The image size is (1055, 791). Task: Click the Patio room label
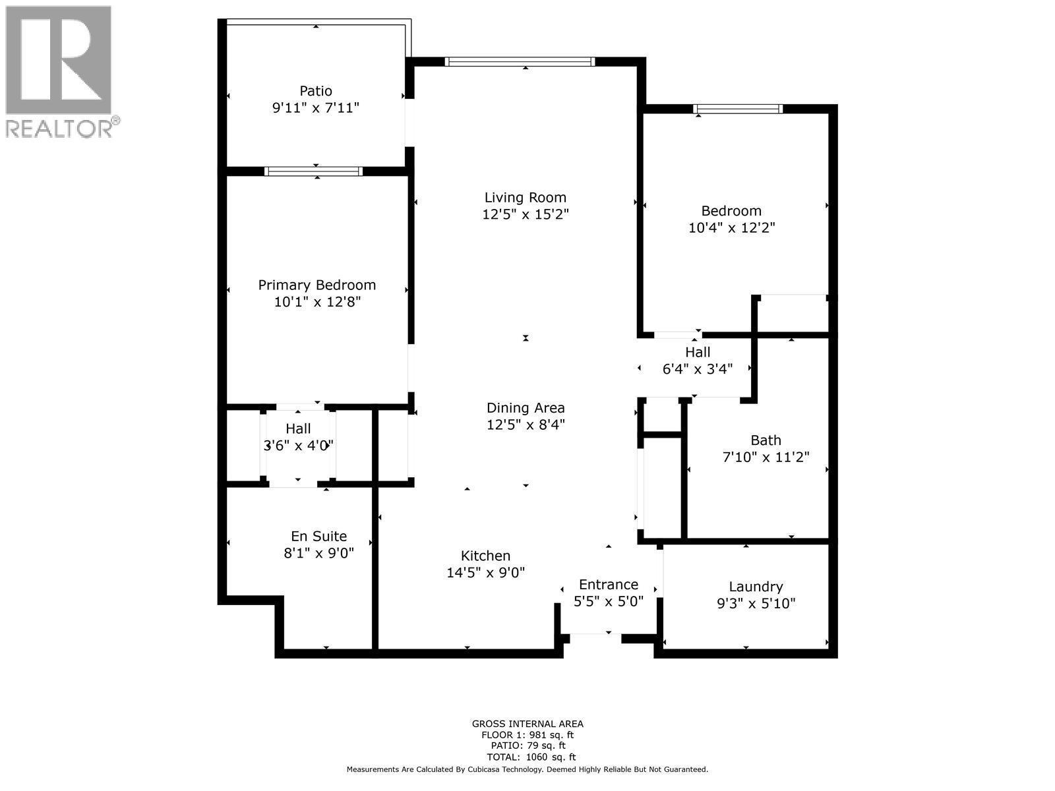316,91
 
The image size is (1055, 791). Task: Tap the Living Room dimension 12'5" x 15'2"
525,214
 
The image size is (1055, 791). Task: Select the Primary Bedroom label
316,285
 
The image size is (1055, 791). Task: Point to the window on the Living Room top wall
520,62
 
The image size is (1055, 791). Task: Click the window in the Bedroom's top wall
738,109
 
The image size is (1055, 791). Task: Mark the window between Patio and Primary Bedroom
313,171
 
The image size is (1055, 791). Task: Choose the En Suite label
318,537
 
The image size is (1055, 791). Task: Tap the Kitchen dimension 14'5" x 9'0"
485,573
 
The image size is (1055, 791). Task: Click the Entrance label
608,585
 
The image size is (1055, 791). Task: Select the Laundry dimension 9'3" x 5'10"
756,603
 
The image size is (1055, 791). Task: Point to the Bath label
766,440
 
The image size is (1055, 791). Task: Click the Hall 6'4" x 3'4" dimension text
697,369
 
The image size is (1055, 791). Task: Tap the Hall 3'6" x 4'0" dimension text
298,446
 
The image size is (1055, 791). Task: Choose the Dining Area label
526,408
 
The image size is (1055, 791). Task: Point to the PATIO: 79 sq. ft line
527,746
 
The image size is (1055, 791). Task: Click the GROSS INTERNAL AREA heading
527,724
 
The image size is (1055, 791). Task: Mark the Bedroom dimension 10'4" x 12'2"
731,228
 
